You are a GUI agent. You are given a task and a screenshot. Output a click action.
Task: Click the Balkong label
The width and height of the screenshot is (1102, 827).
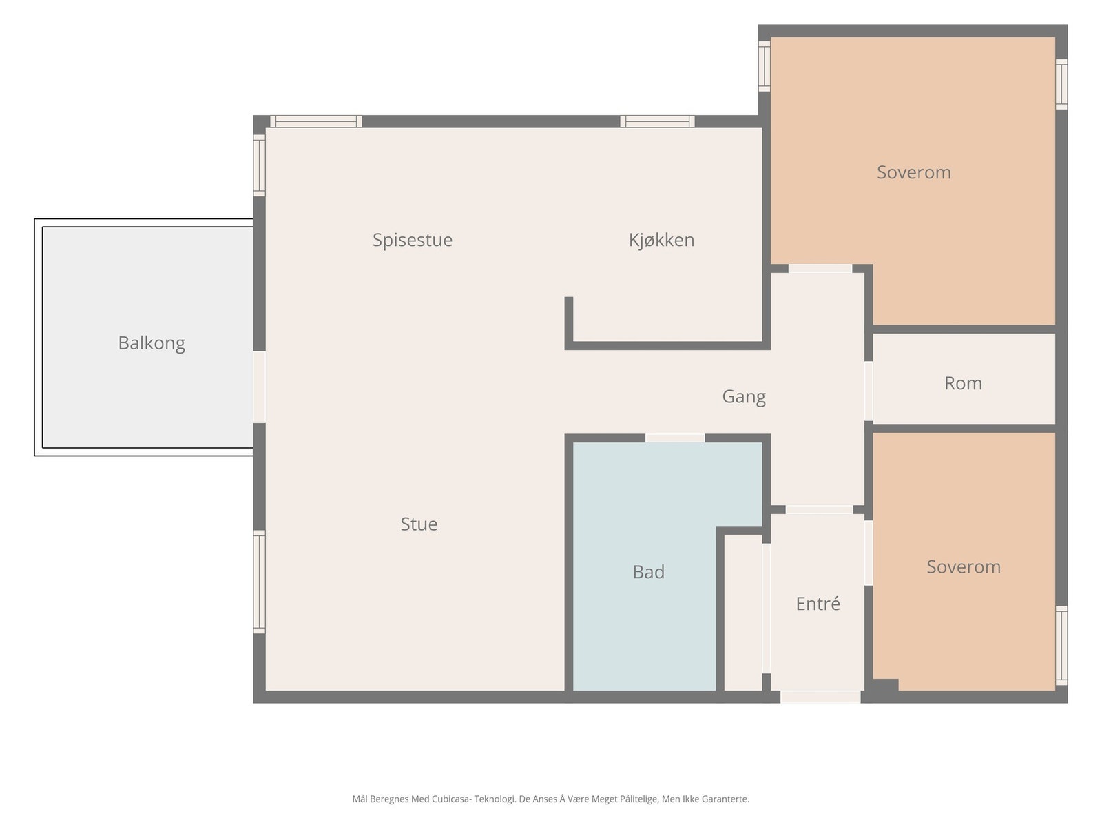click(152, 343)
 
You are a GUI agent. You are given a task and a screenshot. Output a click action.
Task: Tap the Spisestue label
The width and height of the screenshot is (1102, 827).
click(412, 240)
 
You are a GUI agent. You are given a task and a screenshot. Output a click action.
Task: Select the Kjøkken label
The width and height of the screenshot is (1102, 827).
click(661, 240)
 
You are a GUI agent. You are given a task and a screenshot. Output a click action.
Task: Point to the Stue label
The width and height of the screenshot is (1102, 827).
click(419, 524)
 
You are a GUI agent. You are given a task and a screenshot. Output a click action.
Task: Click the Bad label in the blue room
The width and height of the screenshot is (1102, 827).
click(648, 571)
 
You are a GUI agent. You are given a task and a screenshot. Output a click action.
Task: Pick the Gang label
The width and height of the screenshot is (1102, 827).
click(744, 397)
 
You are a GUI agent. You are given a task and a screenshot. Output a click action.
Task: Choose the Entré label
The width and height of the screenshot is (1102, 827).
click(818, 603)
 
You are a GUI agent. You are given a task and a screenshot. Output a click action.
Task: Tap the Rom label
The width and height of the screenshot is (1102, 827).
click(962, 383)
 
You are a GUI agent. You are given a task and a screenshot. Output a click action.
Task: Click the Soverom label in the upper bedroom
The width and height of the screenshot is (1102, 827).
click(913, 172)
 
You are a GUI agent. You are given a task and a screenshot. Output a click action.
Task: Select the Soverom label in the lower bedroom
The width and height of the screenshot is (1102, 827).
click(963, 566)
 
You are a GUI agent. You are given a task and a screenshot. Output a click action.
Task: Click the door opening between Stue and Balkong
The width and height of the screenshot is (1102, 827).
click(259, 387)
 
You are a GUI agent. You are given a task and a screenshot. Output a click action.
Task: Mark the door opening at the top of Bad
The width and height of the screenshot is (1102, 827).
click(675, 438)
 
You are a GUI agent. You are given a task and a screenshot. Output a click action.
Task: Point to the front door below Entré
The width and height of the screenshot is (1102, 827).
click(820, 697)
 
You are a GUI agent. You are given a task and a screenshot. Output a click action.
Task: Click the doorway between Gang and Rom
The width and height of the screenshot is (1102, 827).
click(868, 391)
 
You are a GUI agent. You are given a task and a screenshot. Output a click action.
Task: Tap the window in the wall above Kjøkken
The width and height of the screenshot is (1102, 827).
click(657, 121)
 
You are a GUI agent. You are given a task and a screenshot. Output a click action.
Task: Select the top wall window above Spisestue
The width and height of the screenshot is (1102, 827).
click(315, 121)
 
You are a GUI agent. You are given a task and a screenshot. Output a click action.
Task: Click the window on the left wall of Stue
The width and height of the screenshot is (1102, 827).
click(259, 582)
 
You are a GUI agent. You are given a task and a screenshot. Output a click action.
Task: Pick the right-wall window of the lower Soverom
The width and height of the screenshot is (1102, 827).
click(1061, 645)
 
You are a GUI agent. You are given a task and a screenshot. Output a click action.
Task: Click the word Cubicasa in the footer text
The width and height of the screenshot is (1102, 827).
click(451, 798)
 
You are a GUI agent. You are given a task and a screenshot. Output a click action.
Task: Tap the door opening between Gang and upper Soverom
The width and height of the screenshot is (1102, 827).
click(820, 269)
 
